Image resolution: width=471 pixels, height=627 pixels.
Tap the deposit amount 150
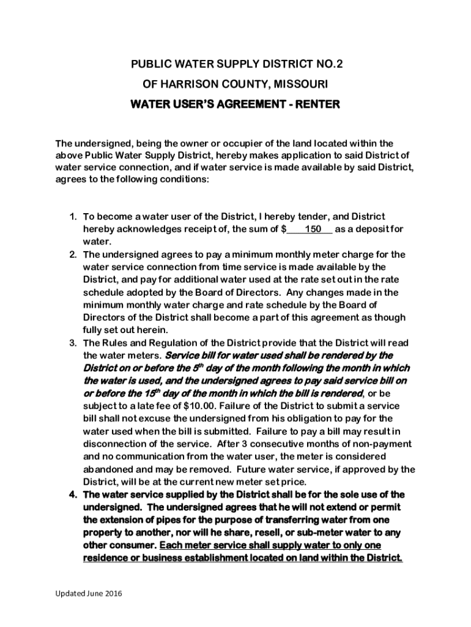313,229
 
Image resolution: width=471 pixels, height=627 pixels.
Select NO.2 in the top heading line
335,63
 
